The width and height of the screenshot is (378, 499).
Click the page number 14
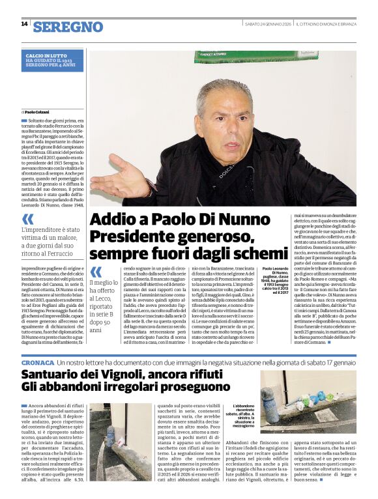pos(24,24)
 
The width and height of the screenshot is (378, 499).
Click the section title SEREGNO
pos(68,27)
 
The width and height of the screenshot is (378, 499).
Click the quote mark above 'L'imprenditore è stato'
pos(27,220)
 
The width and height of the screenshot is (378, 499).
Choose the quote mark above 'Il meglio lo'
pos(96,272)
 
